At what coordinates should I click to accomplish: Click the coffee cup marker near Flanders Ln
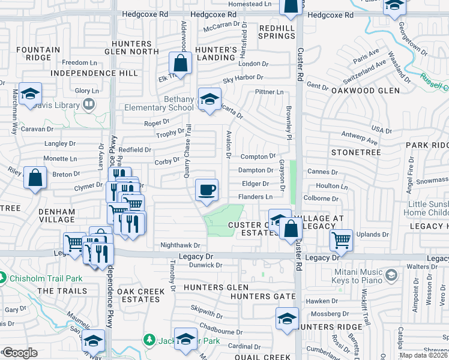(x=207, y=191)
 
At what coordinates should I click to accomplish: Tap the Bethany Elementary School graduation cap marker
(x=209, y=100)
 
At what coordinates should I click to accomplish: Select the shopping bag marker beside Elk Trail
(x=180, y=63)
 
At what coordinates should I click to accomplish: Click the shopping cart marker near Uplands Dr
(x=341, y=241)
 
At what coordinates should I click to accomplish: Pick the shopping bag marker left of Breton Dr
(x=35, y=178)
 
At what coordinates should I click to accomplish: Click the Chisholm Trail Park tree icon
(x=3, y=278)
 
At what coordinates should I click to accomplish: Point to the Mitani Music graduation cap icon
(x=391, y=275)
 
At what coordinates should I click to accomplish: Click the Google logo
(x=20, y=353)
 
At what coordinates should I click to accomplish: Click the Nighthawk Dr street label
(x=179, y=245)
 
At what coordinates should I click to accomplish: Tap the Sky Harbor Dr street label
(x=243, y=77)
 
